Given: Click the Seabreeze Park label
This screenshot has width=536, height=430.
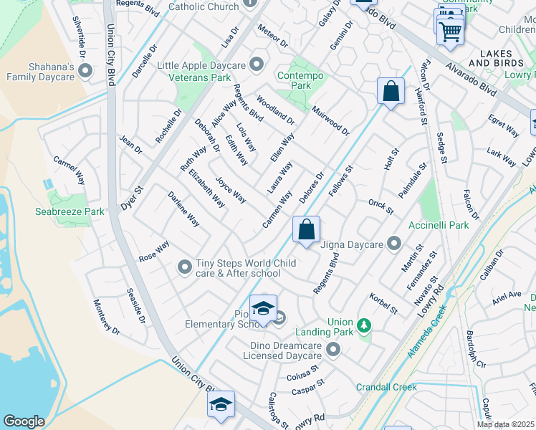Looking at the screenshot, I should pos(70,211).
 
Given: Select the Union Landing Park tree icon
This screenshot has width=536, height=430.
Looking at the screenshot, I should pos(364,326).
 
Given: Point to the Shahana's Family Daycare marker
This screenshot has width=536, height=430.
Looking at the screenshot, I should pos(86,70).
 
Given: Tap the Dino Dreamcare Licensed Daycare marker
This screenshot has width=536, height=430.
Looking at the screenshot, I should pos(332,349).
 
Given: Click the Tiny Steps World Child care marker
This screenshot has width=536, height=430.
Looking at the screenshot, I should pos(185,267).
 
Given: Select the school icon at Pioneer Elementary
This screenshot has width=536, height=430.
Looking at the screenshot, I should pos(263,309).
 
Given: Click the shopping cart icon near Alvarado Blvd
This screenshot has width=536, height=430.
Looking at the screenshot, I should pos(450,30).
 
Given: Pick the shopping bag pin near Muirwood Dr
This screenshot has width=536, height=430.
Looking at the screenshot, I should pos(390,91).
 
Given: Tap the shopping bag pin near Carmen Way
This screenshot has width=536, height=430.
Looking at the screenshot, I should pos(306,230).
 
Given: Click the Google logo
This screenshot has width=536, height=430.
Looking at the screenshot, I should pos(24,421).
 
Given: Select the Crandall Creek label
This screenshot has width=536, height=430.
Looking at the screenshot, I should pos(386,387).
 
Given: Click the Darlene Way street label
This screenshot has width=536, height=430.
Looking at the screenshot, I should pos(183,209).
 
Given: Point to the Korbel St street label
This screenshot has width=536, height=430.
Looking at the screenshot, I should pos(383,303).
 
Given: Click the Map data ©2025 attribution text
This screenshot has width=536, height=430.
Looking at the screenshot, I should pos(505,424).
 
